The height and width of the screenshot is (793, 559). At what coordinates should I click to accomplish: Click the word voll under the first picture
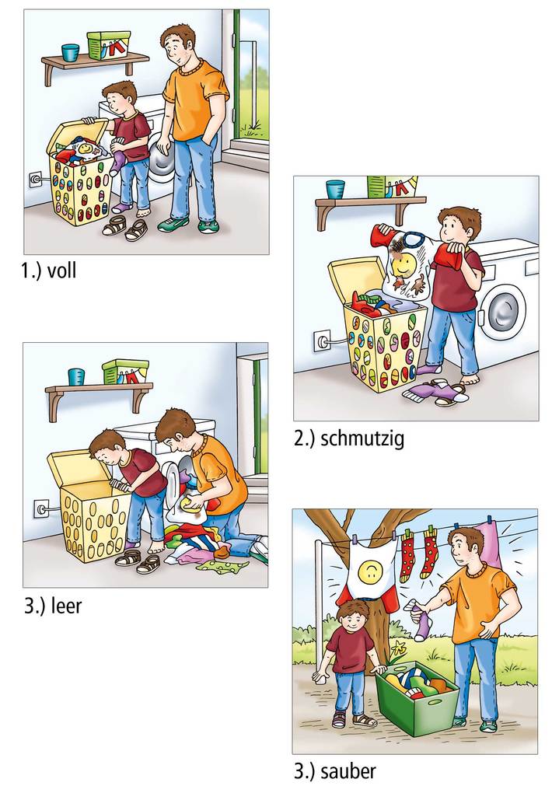[x=61, y=271]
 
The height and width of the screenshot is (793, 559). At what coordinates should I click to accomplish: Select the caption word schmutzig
[x=362, y=438]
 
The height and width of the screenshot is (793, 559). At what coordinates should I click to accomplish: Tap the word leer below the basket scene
[x=66, y=606]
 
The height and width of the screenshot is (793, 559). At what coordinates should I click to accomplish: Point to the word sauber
[x=348, y=771]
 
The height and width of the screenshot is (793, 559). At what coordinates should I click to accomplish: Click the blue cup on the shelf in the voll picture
[x=70, y=53]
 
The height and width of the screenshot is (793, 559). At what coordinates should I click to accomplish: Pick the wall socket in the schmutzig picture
[x=321, y=339]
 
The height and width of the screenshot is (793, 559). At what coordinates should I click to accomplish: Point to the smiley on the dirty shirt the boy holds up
[x=404, y=264]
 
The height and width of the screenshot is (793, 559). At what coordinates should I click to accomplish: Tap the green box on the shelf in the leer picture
[x=125, y=372]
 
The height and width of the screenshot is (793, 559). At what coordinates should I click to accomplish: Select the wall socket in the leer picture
[x=41, y=508]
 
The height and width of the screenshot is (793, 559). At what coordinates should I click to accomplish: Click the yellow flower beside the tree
[x=399, y=646]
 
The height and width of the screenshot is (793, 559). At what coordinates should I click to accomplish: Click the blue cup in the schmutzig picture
[x=335, y=189]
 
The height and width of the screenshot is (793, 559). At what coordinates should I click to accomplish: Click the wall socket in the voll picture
[x=36, y=179]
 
